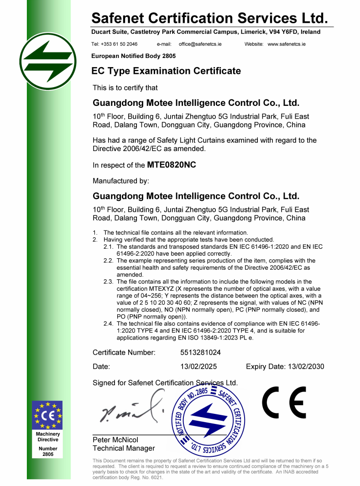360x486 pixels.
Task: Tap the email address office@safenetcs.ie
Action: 200,44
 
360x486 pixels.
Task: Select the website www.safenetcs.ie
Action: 287,44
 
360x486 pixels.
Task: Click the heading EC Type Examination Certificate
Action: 166,71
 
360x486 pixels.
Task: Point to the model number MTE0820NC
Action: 172,165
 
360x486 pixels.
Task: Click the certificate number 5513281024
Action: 201,352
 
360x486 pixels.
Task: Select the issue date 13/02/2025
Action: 198,366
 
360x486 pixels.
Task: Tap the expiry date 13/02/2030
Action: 305,366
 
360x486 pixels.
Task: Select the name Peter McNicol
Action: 115,440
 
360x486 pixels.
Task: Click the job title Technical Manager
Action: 124,448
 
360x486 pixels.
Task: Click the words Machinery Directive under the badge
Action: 48,437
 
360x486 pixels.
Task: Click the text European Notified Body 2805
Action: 134,56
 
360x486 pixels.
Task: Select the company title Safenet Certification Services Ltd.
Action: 209,18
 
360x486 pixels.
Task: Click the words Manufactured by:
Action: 121,181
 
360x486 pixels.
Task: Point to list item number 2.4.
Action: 108,324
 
